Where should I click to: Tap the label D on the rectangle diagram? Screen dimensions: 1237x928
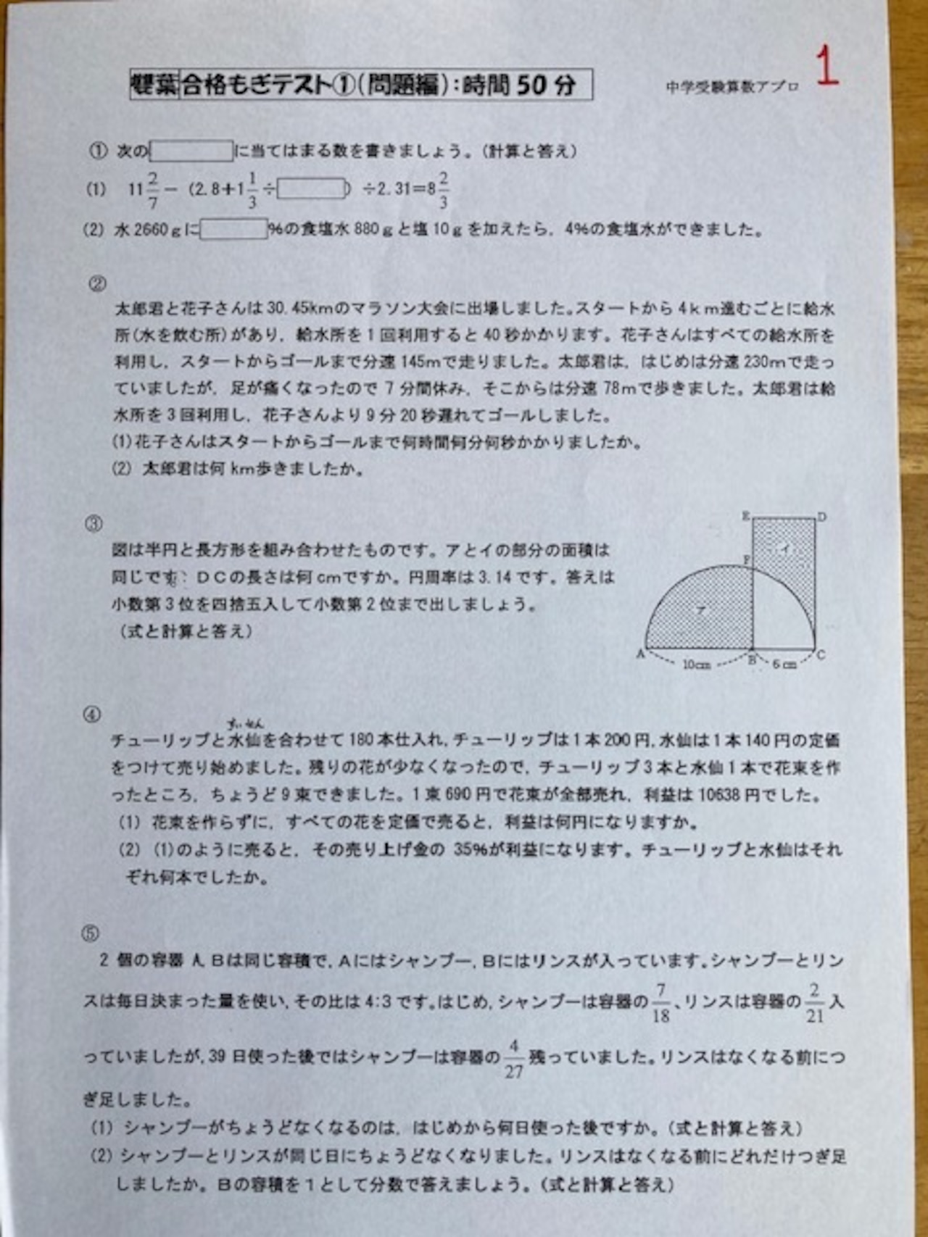tap(821, 517)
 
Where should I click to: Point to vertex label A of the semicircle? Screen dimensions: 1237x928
tap(640, 654)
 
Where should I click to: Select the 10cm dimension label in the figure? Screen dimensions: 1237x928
tap(696, 664)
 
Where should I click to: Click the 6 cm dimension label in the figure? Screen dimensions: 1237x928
tap(784, 664)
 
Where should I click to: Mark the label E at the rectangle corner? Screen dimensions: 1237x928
tap(745, 516)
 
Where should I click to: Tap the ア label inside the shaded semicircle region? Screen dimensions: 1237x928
tap(700, 610)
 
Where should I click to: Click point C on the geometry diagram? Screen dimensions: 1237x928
tap(821, 655)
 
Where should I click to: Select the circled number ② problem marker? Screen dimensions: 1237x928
tap(96, 284)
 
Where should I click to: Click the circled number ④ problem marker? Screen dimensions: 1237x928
tap(92, 715)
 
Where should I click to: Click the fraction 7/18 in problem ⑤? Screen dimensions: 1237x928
tap(660, 1002)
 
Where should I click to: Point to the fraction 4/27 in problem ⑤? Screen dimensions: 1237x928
tap(513, 1059)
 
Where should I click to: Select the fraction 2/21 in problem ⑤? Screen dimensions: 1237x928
tap(815, 1002)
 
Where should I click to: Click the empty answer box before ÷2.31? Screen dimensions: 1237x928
tap(312, 189)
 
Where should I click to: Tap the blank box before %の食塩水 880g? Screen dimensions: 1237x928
tap(233, 230)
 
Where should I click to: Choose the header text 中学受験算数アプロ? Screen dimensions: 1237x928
tap(732, 87)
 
